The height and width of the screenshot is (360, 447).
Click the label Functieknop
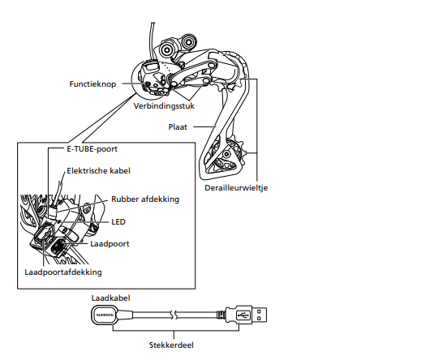coord(92,83)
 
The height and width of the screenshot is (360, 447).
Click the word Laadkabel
coord(109,297)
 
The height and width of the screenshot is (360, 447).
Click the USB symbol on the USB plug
coord(246,314)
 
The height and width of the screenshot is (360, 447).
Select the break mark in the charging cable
coord(173,314)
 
